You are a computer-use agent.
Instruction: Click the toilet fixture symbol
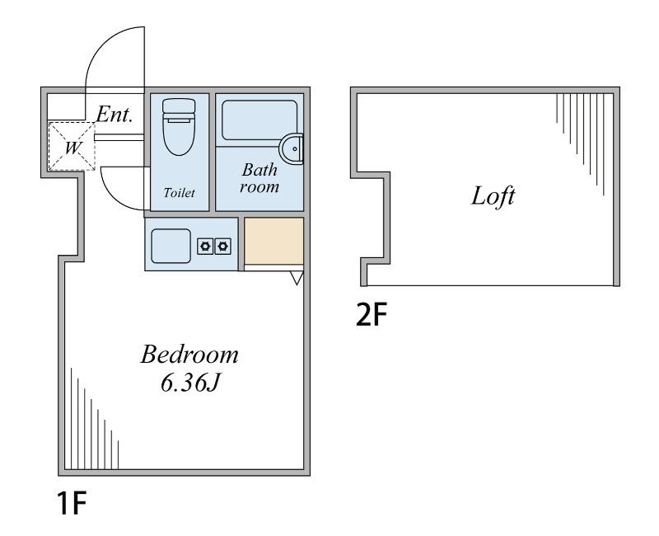point(179,127)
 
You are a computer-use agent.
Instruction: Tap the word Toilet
point(179,193)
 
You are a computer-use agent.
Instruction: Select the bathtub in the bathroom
point(259,120)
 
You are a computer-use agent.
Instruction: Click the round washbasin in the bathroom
point(292,148)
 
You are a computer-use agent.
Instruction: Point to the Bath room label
point(259,178)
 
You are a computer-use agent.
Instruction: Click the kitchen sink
point(171,246)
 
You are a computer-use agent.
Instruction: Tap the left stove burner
point(205,246)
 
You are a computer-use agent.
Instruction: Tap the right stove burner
point(222,246)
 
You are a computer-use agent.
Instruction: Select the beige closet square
point(274,241)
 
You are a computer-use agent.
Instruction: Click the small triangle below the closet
point(297,278)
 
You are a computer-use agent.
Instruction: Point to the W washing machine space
point(72,146)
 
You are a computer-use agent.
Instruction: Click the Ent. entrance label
point(115,114)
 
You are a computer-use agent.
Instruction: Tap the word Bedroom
point(189,355)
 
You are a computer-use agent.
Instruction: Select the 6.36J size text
point(190,383)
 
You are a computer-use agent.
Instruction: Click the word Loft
point(493,196)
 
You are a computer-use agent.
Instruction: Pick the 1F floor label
point(72,503)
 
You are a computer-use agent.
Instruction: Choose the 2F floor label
point(371,315)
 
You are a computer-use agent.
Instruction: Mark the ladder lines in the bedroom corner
point(95,419)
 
